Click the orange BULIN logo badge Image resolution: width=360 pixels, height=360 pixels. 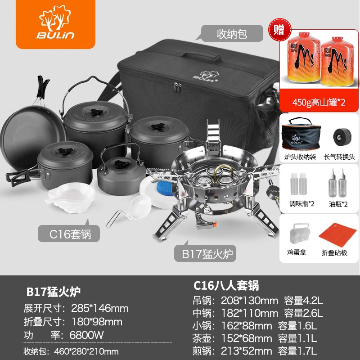[55, 24]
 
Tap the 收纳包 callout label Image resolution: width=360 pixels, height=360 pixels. [232, 33]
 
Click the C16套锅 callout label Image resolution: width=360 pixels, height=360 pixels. [69, 234]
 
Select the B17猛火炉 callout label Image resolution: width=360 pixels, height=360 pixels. [205, 253]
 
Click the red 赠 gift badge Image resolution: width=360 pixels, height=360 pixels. [280, 30]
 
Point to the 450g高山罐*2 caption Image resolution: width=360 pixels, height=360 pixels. [319, 102]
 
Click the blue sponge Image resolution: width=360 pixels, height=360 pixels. [165, 188]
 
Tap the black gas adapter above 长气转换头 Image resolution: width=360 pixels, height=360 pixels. [342, 137]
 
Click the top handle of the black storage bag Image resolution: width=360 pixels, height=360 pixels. [202, 55]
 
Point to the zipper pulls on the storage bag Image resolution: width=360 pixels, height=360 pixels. [177, 88]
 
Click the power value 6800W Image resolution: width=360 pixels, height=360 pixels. [86, 335]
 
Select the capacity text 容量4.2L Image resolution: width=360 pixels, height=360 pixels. [303, 301]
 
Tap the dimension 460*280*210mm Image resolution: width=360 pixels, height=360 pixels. [86, 351]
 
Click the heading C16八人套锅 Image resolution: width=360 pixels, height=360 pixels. [226, 286]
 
